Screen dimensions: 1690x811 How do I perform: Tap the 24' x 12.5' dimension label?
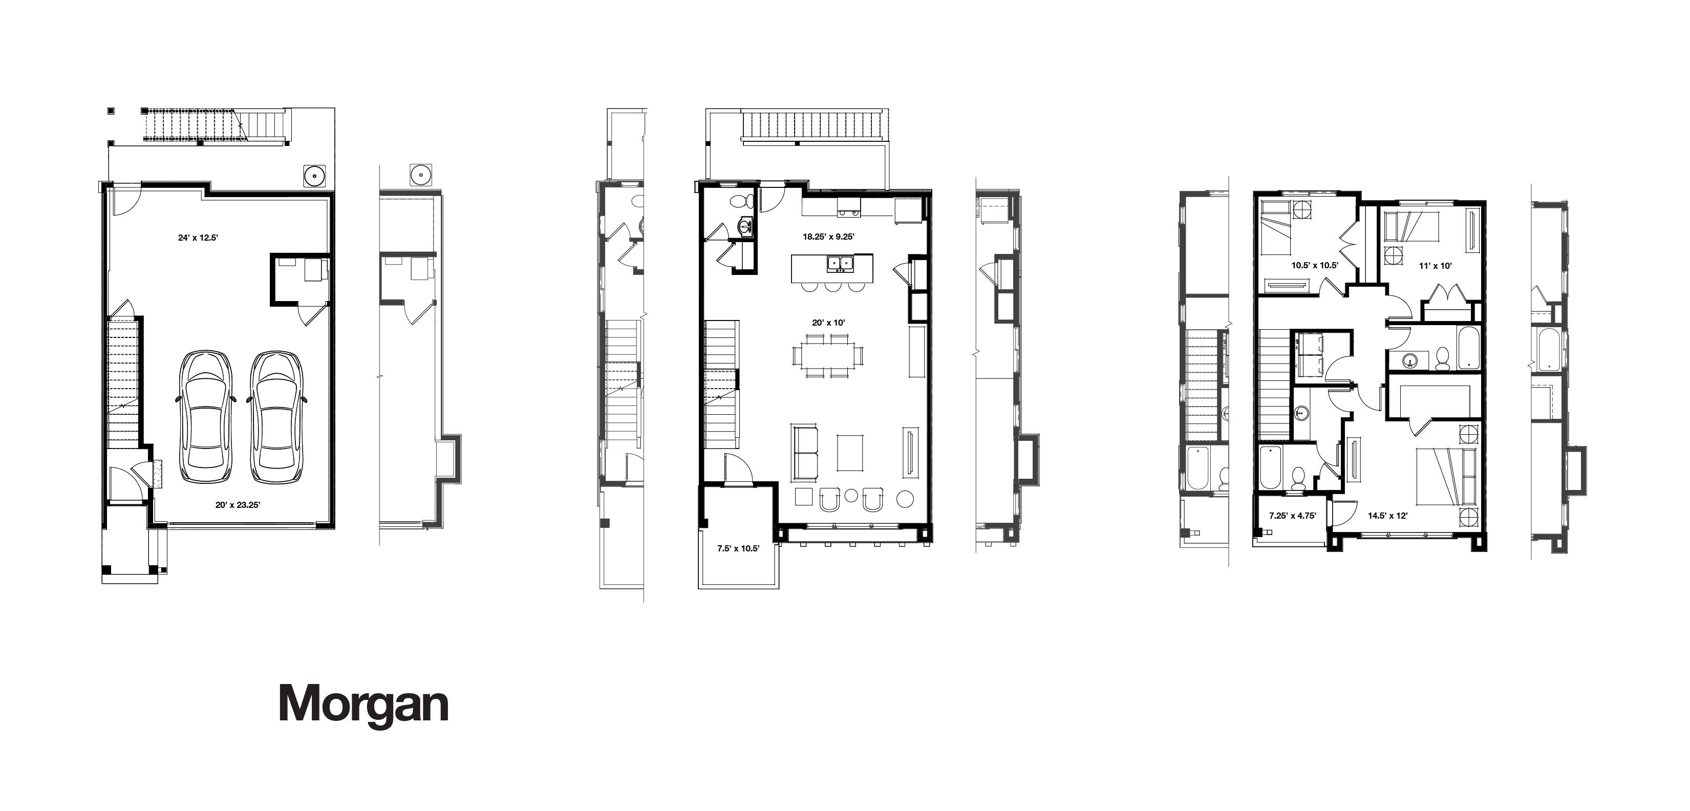198,238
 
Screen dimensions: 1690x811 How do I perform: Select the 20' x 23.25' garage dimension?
238,505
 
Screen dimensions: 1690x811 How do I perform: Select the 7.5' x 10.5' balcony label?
738,548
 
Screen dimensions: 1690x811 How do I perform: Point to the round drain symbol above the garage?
315,175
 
